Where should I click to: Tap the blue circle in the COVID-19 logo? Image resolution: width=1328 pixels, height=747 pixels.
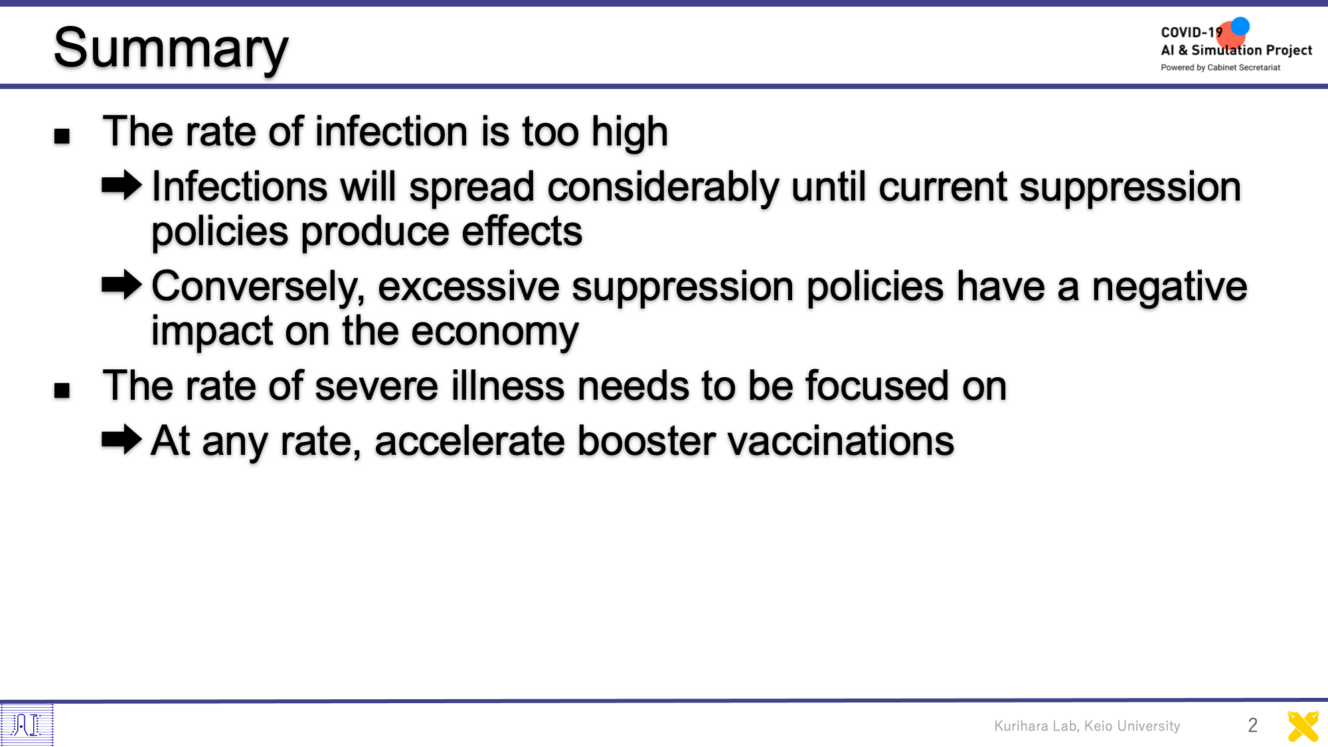click(1240, 26)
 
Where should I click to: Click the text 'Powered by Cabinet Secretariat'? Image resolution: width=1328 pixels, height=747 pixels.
click(1220, 68)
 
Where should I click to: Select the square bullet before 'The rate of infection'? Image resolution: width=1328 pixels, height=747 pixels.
click(62, 136)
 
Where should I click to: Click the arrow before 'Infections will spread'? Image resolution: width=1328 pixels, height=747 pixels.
click(122, 185)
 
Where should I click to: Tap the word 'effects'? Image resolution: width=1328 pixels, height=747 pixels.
click(522, 232)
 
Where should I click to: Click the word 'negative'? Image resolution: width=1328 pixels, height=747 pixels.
click(1169, 288)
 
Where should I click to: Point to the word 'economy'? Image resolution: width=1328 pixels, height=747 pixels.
click(495, 333)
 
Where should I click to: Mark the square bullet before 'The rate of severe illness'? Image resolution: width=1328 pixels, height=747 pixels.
click(62, 390)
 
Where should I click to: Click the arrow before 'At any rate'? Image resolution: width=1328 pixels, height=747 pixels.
click(122, 439)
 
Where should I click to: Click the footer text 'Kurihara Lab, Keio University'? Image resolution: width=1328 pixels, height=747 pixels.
click(1087, 726)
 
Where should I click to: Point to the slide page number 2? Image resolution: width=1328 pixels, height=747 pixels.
click(1252, 725)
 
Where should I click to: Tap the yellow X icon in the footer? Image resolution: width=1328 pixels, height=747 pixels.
click(1303, 726)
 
